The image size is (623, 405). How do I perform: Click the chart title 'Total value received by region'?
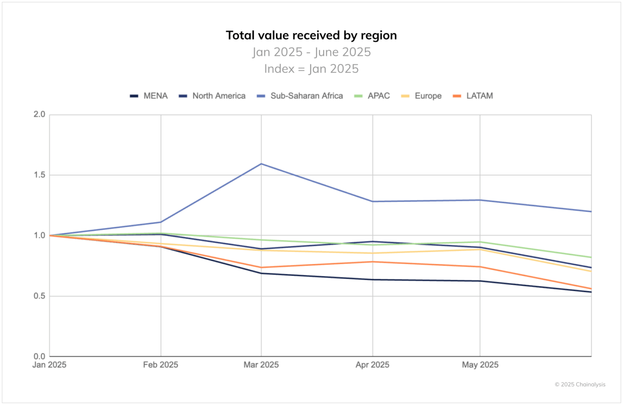pyautogui.click(x=311, y=36)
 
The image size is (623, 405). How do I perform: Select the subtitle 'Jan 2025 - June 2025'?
pyautogui.click(x=311, y=52)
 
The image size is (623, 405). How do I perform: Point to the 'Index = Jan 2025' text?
pyautogui.click(x=311, y=69)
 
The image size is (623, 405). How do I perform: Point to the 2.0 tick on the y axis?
pyautogui.click(x=39, y=115)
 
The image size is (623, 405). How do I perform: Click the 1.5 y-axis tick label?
pyautogui.click(x=39, y=175)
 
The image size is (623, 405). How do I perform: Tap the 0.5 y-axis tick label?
pyautogui.click(x=39, y=296)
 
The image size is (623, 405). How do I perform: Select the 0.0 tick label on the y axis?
pyautogui.click(x=39, y=356)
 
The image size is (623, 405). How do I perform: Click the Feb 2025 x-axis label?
pyautogui.click(x=161, y=365)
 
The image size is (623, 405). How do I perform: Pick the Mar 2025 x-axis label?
pyautogui.click(x=261, y=365)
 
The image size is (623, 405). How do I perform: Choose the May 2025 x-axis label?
pyautogui.click(x=480, y=365)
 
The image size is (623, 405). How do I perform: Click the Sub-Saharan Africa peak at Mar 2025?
pyautogui.click(x=261, y=164)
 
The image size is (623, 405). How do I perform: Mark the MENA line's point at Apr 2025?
pyautogui.click(x=373, y=280)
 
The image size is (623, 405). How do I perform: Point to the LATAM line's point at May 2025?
pyautogui.click(x=480, y=267)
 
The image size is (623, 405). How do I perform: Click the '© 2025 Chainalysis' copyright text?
pyautogui.click(x=580, y=385)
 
